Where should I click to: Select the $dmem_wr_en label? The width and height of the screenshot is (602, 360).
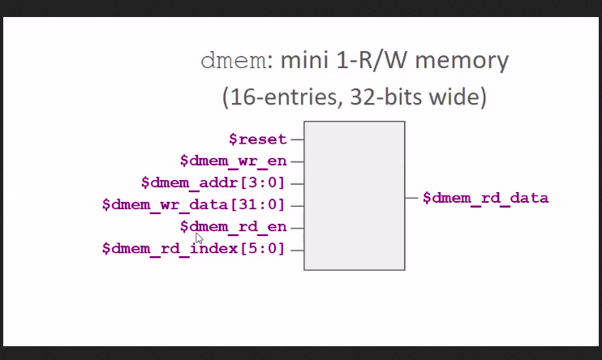(x=234, y=161)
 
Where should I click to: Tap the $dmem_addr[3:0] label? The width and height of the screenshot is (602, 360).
(x=213, y=182)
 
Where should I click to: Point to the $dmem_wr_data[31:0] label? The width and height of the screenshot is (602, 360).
(x=195, y=204)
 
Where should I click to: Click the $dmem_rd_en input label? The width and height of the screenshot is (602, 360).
(x=234, y=226)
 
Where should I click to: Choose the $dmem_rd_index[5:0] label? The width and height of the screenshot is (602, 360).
(x=195, y=248)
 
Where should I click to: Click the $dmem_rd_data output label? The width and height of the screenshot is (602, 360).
(x=485, y=197)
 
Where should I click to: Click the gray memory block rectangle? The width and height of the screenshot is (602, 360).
(x=354, y=195)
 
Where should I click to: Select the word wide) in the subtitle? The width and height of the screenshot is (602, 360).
(x=458, y=97)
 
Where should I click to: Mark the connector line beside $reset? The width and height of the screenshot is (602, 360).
(x=297, y=139)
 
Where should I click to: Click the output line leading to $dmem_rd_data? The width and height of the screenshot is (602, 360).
(x=411, y=197)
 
